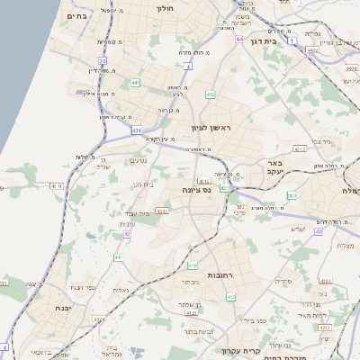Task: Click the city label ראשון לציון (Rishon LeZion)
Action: [x=211, y=129]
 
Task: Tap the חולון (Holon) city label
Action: [x=165, y=8]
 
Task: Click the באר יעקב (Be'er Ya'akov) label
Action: [x=274, y=168]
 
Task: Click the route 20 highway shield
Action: [x=103, y=61]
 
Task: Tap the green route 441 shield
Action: [x=134, y=83]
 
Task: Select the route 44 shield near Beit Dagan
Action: [x=239, y=40]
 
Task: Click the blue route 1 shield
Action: [x=292, y=40]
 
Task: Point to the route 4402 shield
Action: [x=312, y=50]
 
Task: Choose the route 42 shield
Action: [x=128, y=235]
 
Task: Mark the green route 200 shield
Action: [x=292, y=195]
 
